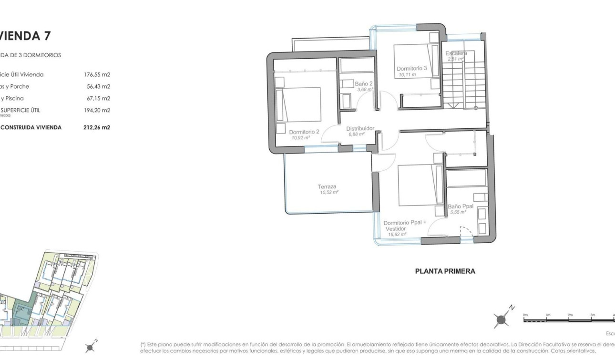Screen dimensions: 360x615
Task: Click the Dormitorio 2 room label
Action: coord(304,131)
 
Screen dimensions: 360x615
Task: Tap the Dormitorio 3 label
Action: coord(411,69)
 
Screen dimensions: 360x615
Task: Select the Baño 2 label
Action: coord(363,84)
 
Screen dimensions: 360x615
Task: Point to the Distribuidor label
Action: coord(360,128)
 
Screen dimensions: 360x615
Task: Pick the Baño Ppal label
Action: coord(460,206)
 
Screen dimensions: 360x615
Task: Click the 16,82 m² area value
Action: coord(397,234)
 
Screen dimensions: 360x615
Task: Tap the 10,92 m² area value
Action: coord(300,137)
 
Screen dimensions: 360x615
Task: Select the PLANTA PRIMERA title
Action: coord(445,271)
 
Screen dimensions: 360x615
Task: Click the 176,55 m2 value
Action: coord(97,75)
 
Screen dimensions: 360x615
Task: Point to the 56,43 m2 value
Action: coord(98,87)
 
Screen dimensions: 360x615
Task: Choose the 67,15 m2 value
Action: coord(98,99)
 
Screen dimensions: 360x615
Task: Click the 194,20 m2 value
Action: coord(97,110)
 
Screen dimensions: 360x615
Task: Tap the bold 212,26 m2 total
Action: coord(96,127)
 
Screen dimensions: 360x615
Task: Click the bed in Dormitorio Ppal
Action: coord(418,185)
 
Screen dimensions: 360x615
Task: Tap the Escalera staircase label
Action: coord(456,53)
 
